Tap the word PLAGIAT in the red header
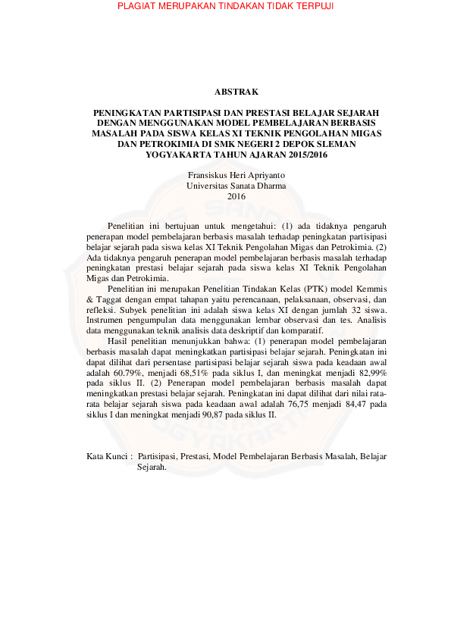coord(138,6)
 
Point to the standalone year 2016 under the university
coord(226,196)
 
